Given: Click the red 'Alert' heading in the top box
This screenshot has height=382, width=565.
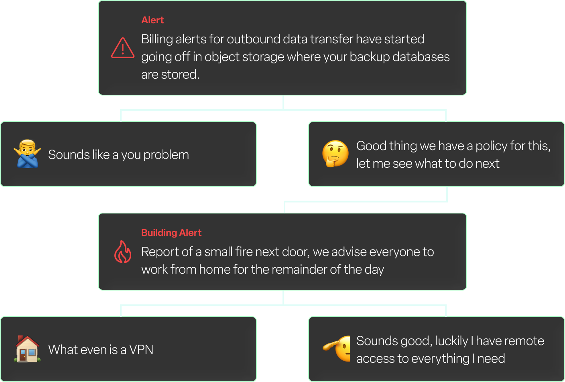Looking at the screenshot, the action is [x=152, y=20].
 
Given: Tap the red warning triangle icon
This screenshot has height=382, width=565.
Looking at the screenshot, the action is [x=123, y=48].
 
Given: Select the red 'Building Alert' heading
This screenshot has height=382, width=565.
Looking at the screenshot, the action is [x=171, y=233].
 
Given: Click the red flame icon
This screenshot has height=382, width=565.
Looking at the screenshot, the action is [x=123, y=252].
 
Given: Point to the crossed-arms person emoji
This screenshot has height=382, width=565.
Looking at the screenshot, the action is [x=27, y=154].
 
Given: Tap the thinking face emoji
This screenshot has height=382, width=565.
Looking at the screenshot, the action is [x=335, y=154].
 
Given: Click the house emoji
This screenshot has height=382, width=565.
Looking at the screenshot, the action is [x=27, y=349].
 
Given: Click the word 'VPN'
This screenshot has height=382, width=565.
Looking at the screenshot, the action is [x=141, y=349].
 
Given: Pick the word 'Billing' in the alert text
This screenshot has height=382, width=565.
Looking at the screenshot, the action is [x=157, y=39].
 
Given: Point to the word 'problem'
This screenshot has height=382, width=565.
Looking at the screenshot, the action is [x=166, y=155].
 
